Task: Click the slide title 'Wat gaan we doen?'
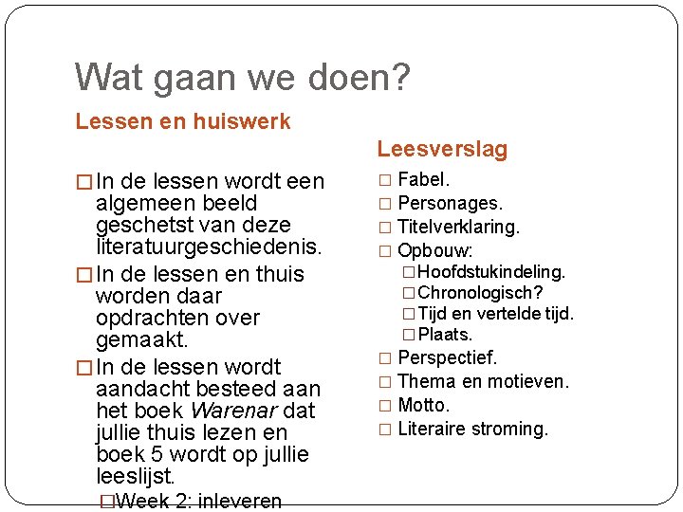[243, 77]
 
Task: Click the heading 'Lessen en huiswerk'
[183, 121]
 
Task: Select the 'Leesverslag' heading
[442, 149]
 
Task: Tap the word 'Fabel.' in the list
[424, 179]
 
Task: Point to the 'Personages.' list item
[451, 203]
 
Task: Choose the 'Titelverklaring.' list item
[459, 227]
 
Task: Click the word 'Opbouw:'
[435, 251]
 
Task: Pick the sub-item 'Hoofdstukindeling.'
[491, 272]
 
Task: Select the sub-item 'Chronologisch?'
[480, 293]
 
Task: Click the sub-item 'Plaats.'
[445, 335]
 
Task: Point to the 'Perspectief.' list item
[448, 357]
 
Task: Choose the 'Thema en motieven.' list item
[484, 381]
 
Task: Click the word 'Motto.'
[423, 405]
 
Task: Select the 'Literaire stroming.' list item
[473, 429]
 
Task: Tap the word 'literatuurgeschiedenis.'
[210, 247]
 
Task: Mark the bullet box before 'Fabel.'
[384, 180]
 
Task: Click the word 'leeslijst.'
[136, 476]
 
